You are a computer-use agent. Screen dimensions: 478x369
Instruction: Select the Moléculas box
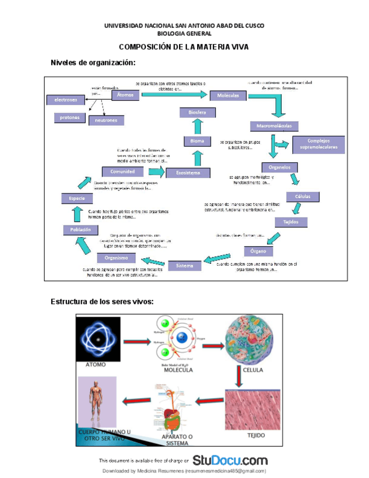tap(228, 96)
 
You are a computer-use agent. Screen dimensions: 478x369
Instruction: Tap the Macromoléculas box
tap(274, 126)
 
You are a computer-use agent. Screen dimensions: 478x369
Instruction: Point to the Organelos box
tap(280, 167)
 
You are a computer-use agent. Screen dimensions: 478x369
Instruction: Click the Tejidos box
tap(291, 222)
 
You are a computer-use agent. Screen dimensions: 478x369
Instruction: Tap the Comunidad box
tap(122, 171)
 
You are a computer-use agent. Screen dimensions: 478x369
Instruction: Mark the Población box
tap(81, 229)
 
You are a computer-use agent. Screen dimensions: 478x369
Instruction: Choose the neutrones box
tap(106, 120)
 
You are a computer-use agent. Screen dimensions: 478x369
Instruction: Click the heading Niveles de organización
tap(94, 62)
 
